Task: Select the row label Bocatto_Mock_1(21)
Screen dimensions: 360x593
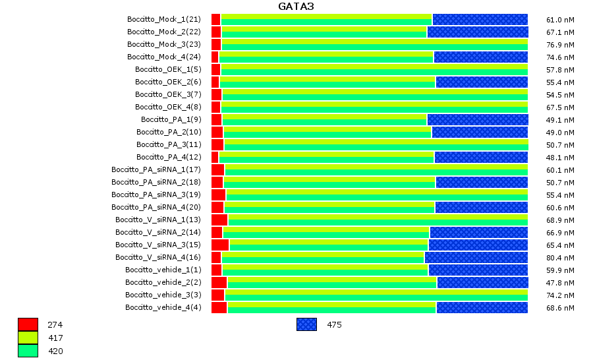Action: pos(164,19)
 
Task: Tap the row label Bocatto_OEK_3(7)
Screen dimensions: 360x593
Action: pos(168,94)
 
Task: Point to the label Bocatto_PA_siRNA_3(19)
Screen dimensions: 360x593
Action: pos(156,195)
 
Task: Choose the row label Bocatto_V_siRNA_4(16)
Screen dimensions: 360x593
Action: pos(158,257)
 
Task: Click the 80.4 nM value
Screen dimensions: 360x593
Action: pos(561,257)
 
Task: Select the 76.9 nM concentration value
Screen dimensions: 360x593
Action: pos(561,44)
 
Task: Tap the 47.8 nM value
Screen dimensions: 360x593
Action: pos(561,282)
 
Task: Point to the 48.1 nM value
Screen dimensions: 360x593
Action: pos(561,157)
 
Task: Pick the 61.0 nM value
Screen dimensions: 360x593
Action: pos(561,19)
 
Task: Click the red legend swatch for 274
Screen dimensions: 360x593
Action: pos(28,324)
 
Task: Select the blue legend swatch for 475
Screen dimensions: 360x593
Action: pos(306,324)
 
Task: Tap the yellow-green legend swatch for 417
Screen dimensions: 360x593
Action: pos(28,338)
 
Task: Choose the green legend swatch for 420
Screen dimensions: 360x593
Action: pos(28,351)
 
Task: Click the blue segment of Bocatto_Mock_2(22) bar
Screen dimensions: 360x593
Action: pos(477,32)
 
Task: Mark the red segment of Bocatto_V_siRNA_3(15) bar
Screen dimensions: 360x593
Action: pos(220,245)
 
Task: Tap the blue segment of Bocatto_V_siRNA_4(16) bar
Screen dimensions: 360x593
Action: pos(476,257)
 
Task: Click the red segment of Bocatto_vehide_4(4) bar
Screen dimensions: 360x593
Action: pos(219,307)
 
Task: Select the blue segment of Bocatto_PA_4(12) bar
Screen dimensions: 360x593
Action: pos(480,157)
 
